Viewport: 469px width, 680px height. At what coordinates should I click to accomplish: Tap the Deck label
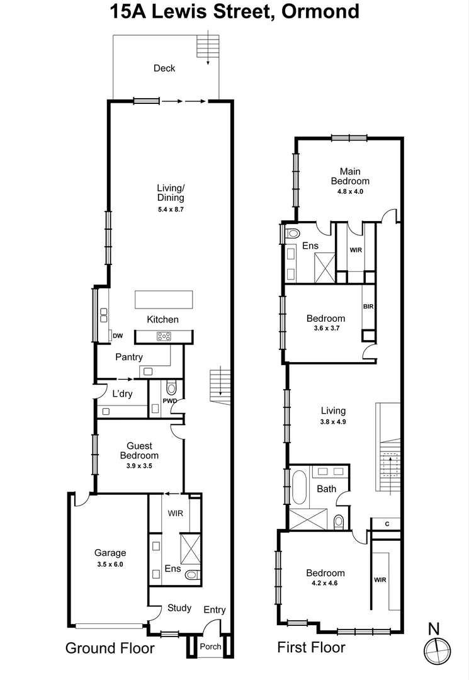(x=164, y=68)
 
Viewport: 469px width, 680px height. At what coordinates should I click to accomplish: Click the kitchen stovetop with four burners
(x=164, y=336)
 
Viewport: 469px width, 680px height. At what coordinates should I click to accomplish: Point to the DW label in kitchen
(x=118, y=335)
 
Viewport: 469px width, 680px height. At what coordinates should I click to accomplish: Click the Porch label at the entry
(x=210, y=647)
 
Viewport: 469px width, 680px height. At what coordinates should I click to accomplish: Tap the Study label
(x=179, y=608)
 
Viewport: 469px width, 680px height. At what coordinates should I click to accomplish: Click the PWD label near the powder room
(x=169, y=401)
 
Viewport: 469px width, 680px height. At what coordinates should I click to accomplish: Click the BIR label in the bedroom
(x=368, y=307)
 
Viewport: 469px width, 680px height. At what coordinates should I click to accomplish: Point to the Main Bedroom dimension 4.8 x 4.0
(x=350, y=191)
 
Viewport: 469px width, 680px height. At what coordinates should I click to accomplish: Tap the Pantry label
(x=129, y=357)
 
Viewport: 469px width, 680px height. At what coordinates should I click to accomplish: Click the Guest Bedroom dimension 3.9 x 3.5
(x=139, y=466)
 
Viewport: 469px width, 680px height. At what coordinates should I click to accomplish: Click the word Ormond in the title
(x=321, y=11)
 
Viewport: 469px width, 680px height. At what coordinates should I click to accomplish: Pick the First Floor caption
(x=312, y=647)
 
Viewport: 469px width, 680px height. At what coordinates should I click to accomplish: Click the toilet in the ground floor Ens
(x=192, y=574)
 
